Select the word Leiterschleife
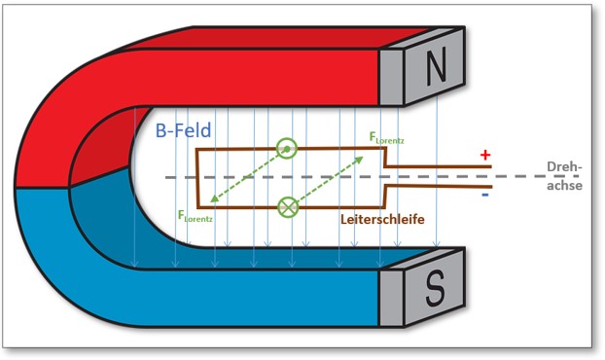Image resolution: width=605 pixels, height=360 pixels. pyautogui.click(x=383, y=220)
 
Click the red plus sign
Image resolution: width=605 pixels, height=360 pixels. pyautogui.click(x=483, y=155)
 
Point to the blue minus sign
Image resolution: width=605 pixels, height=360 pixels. pyautogui.click(x=483, y=195)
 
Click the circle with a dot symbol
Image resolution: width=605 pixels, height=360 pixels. pyautogui.click(x=287, y=148)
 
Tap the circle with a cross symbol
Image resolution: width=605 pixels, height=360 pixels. pyautogui.click(x=287, y=206)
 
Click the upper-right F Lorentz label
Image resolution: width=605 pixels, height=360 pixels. pyautogui.click(x=387, y=139)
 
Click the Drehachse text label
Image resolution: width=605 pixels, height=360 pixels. pyautogui.click(x=563, y=176)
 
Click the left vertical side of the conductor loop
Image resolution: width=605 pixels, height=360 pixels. pyautogui.click(x=197, y=178)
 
